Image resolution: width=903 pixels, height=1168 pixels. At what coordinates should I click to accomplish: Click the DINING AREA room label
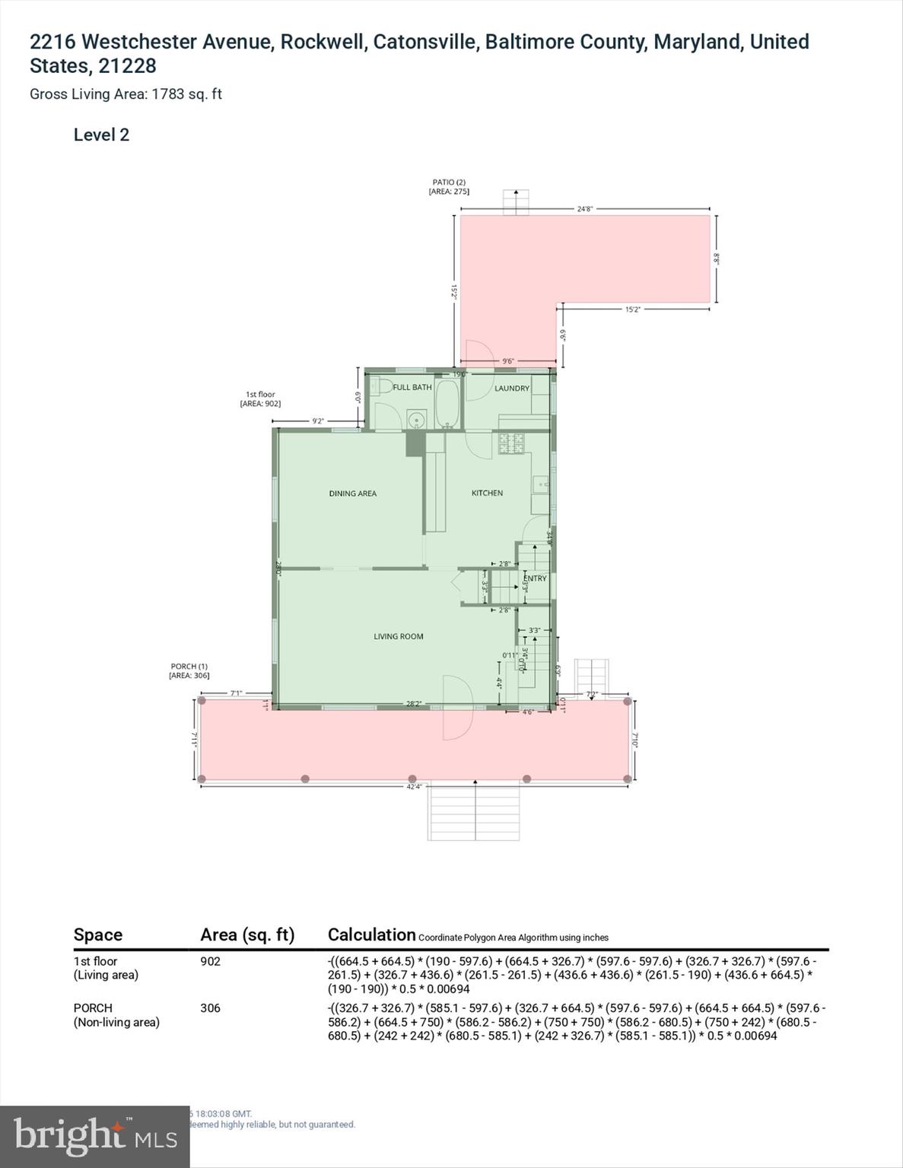coord(352,494)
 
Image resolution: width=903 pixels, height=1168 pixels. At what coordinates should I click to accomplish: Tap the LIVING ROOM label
coord(398,636)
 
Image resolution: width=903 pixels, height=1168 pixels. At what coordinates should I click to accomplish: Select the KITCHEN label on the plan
coord(487,493)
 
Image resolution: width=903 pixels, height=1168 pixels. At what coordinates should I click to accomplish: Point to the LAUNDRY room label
coord(511,388)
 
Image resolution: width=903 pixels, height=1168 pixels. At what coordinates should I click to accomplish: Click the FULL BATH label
coord(412,387)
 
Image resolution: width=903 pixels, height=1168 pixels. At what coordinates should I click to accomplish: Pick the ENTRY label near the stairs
coord(535,578)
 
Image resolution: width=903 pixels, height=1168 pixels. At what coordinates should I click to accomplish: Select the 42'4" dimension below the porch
coord(413,786)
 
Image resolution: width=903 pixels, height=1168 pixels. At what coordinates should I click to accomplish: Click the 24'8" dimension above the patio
coord(584,208)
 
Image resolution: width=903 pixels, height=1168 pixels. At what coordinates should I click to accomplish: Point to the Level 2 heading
coord(101,135)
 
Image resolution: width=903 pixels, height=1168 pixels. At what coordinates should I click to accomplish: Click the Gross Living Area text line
coord(126,94)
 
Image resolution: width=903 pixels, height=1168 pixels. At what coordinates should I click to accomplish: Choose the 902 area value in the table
coord(210,961)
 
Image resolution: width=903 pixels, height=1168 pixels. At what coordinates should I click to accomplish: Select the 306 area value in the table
coord(210,1008)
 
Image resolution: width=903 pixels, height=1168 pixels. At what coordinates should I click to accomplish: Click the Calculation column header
coord(371,935)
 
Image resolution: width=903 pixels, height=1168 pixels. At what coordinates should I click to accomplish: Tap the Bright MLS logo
coord(94,1137)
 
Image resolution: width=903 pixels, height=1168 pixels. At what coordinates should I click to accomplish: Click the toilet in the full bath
coord(380,386)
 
